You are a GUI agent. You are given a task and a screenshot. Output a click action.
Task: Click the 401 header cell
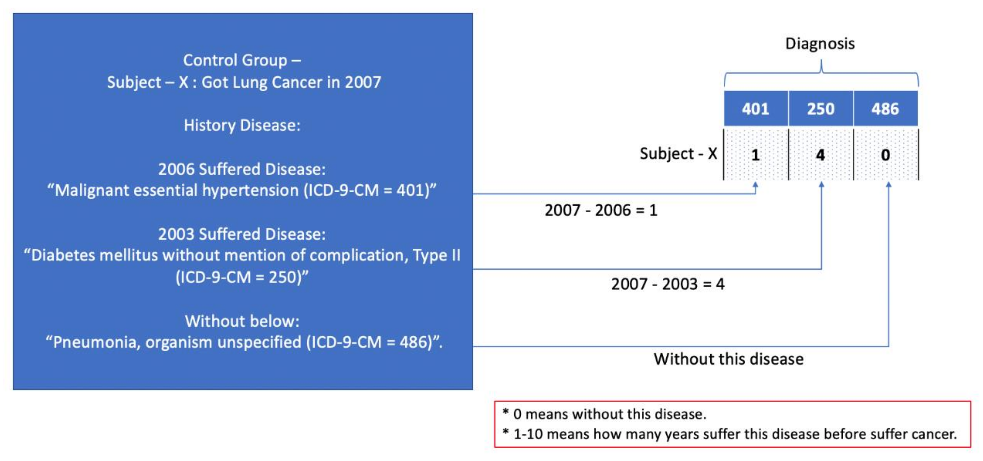(x=756, y=109)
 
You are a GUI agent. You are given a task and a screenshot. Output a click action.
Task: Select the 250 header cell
(x=820, y=109)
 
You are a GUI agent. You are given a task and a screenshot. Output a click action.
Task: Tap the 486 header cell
(x=885, y=109)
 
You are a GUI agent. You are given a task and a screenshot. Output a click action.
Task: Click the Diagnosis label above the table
(x=820, y=44)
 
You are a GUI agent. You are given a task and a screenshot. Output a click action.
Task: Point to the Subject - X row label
(x=678, y=154)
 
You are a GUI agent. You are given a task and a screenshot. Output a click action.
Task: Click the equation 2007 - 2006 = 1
(x=601, y=210)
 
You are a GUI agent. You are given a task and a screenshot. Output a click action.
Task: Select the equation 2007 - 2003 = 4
(x=668, y=284)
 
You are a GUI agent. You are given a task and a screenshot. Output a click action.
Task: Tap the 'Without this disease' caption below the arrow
(x=728, y=359)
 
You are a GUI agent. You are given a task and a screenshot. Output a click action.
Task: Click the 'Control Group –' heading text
(x=242, y=60)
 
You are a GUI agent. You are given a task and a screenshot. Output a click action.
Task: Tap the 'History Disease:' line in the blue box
(x=242, y=125)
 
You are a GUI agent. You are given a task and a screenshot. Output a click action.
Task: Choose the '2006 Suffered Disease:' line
(x=242, y=169)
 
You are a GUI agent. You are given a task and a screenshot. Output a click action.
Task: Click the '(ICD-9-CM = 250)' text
(x=242, y=277)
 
